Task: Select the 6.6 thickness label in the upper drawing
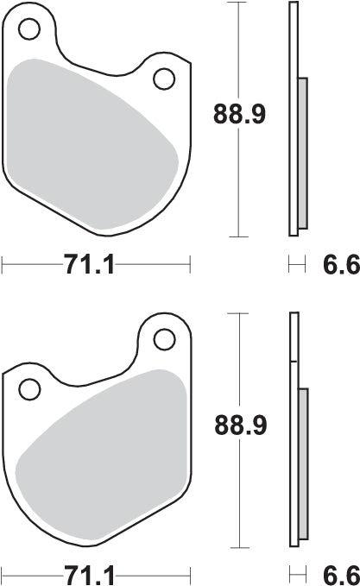[x=341, y=265]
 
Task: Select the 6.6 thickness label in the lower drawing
[x=341, y=574]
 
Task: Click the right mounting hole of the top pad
[x=163, y=79]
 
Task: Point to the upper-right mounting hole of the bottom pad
[x=162, y=337]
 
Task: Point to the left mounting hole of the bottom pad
[x=29, y=389]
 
